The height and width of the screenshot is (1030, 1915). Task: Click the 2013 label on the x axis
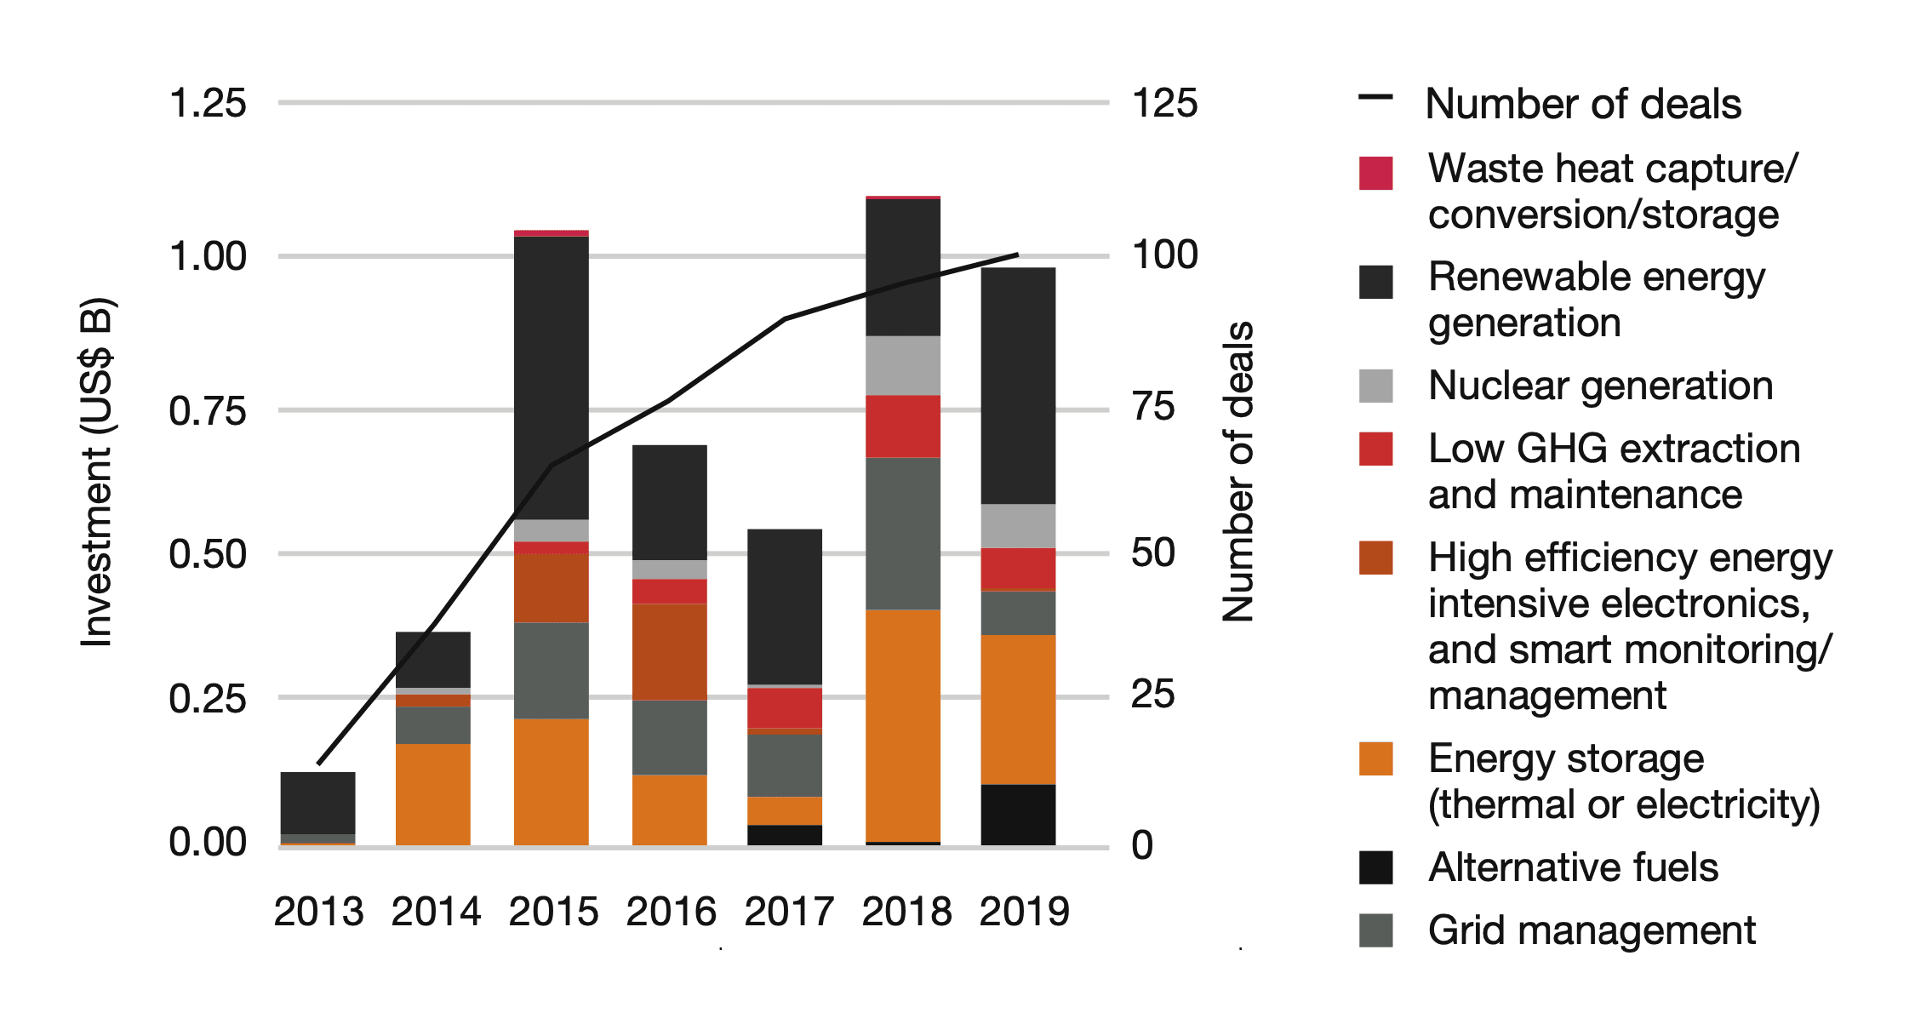click(318, 912)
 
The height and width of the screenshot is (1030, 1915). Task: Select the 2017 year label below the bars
click(789, 912)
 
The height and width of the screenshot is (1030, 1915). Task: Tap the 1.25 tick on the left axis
click(208, 103)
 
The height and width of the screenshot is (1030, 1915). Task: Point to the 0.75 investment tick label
click(208, 410)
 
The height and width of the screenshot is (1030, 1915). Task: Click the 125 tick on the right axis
click(1164, 103)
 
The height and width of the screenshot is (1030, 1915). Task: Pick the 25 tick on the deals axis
click(1152, 695)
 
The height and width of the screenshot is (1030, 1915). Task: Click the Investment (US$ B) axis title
click(96, 472)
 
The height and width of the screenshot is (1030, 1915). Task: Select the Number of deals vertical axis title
click(1238, 472)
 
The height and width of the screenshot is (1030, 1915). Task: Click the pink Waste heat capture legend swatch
click(1375, 173)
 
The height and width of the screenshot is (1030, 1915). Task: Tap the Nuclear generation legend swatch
click(1375, 386)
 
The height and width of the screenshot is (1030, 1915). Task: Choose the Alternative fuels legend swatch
click(1375, 867)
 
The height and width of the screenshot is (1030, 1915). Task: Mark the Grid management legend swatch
click(1375, 930)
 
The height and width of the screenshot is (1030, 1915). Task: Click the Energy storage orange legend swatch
click(1375, 758)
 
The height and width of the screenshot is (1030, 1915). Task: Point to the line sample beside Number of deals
click(1375, 97)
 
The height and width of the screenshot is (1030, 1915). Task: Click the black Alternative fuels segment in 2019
click(1018, 815)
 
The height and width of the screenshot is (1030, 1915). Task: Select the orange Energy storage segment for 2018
click(903, 725)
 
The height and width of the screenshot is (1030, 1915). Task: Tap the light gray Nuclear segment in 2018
click(903, 365)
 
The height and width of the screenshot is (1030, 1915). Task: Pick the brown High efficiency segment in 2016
click(670, 652)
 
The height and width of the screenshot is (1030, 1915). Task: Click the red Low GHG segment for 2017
click(785, 707)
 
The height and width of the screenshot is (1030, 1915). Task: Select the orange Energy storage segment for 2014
click(433, 794)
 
